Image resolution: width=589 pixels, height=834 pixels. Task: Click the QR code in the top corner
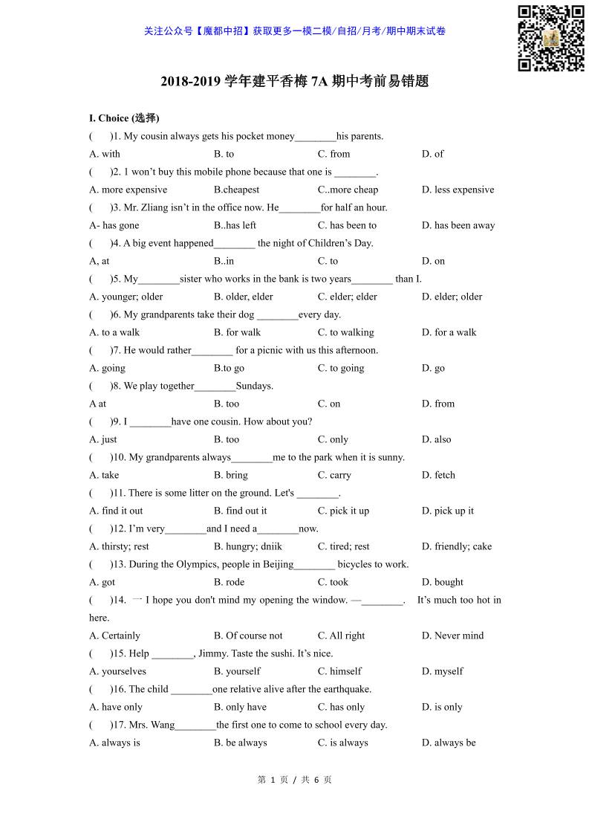point(550,38)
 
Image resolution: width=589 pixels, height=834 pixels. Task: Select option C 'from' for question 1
point(333,154)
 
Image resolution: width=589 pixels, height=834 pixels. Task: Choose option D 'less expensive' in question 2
point(458,190)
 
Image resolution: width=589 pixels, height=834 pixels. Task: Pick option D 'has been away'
point(458,225)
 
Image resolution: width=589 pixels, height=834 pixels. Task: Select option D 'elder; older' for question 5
point(452,297)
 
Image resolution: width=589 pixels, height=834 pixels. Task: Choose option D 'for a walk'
point(449,332)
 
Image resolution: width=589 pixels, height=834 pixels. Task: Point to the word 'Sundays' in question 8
point(254,386)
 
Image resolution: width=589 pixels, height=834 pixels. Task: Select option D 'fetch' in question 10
point(438,475)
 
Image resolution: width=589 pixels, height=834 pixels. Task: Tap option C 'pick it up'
point(343,511)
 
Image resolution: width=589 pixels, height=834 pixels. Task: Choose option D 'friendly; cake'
point(456,546)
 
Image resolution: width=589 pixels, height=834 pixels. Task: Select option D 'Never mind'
point(452,636)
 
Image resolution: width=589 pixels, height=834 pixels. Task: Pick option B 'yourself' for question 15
point(237,671)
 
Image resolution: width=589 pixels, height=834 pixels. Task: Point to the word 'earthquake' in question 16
point(348,689)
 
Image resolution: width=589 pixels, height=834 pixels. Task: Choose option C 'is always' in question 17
point(342,743)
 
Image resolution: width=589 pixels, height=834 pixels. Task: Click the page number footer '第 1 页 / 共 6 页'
point(294,780)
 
